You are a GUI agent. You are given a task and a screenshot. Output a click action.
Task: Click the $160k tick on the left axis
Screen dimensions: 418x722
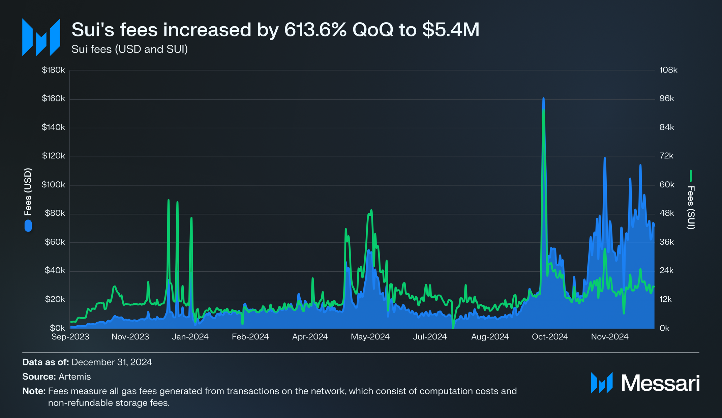[53, 99]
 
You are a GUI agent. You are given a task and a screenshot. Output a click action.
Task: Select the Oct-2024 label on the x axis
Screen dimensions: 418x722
[550, 337]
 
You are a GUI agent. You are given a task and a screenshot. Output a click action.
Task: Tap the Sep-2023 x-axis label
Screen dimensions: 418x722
[70, 337]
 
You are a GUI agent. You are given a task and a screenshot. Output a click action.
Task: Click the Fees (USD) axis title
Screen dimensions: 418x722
[28, 192]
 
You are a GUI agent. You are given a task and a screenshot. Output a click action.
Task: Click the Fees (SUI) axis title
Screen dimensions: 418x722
[691, 207]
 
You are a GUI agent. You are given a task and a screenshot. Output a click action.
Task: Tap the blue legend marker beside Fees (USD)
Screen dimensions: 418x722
[28, 226]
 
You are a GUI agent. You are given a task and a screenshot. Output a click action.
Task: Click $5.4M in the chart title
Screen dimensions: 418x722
[451, 30]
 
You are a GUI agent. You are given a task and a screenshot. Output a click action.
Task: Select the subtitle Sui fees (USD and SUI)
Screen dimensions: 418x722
[129, 49]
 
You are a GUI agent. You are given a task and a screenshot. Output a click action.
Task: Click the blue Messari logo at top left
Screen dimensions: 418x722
[41, 37]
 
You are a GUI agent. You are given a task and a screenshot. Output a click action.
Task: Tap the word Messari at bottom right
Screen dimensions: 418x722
[660, 383]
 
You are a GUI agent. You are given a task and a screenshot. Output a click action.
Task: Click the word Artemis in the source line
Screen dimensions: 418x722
[74, 377]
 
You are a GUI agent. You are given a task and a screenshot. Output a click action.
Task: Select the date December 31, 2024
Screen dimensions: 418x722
[112, 362]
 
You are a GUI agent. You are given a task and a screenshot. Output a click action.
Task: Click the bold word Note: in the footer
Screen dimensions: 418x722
[34, 391]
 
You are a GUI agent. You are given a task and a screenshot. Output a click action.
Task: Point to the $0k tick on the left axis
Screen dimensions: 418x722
[57, 328]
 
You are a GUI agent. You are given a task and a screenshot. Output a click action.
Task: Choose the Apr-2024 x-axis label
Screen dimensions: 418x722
[310, 337]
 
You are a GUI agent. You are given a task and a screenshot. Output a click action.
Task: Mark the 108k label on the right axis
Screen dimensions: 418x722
[668, 70]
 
